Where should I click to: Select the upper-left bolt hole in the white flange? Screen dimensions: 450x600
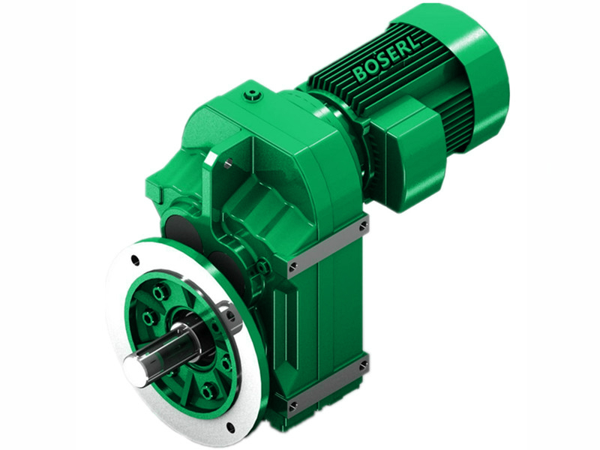tap(135, 262)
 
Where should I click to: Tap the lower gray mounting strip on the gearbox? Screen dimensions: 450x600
tap(328, 390)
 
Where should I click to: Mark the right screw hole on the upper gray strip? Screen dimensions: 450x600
tap(363, 224)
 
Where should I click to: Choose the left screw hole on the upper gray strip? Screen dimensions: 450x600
tap(292, 265)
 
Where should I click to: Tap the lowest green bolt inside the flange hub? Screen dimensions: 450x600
tap(207, 391)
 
